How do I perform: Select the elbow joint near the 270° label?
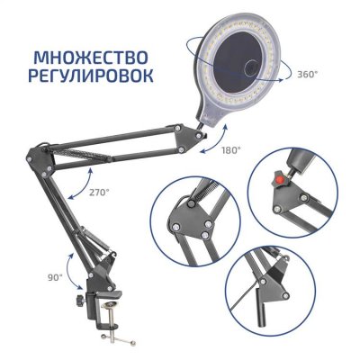41,161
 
